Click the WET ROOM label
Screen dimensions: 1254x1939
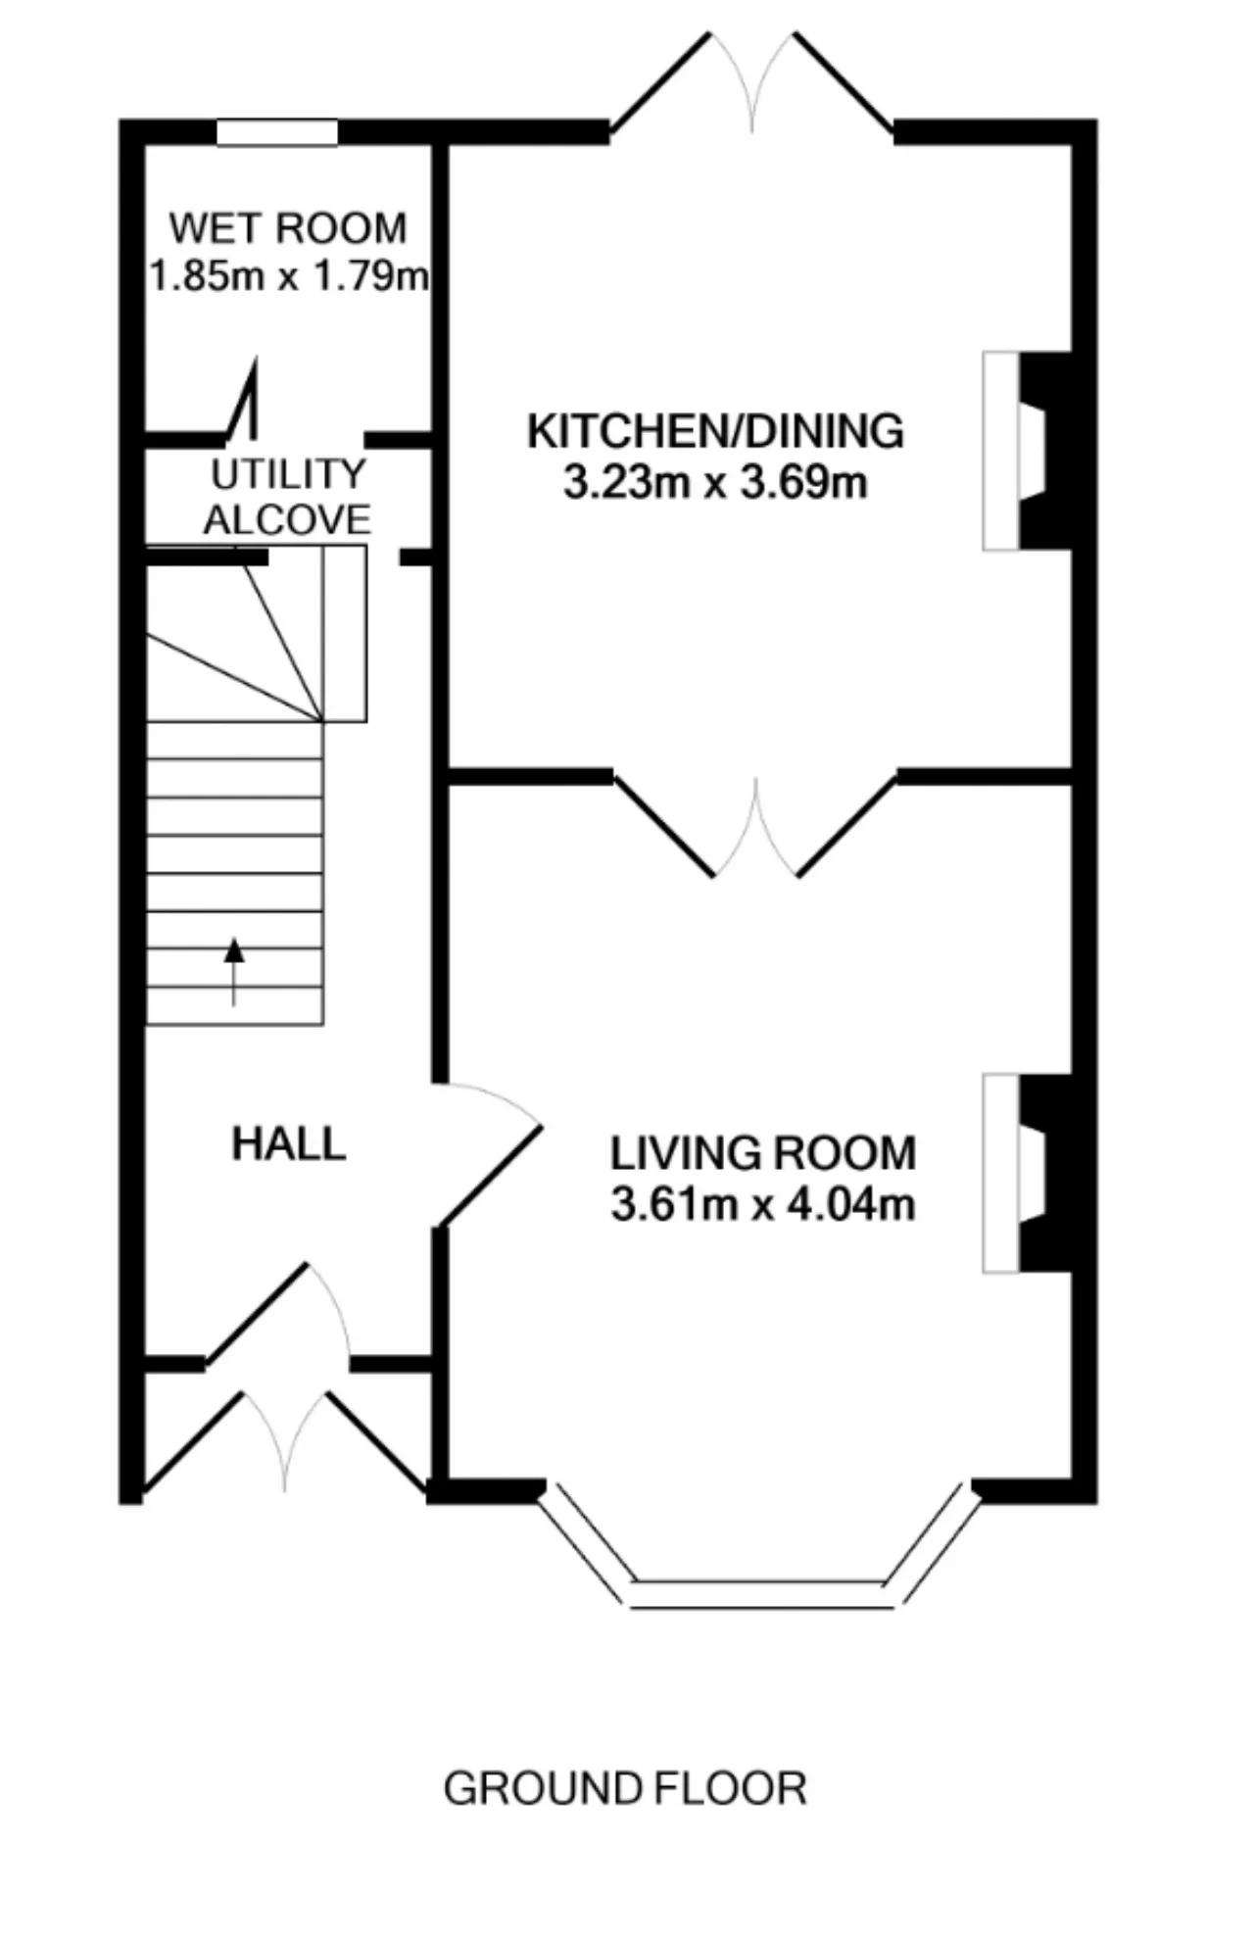point(288,228)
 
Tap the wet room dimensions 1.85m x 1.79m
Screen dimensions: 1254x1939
point(289,276)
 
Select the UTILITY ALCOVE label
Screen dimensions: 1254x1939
point(288,497)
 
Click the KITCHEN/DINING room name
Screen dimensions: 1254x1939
point(715,432)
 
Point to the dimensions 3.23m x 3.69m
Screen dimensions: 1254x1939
point(715,483)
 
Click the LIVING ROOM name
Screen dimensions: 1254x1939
point(763,1153)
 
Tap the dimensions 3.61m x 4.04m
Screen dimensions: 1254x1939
point(763,1204)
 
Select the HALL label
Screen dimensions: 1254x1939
point(289,1144)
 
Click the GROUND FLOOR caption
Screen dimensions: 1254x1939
point(625,1789)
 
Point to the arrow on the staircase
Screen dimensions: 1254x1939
point(234,972)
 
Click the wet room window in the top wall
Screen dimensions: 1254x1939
point(277,133)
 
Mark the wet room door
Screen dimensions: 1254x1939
point(245,402)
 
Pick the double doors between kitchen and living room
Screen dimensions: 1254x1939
point(755,828)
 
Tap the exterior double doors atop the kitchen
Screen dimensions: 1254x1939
point(752,83)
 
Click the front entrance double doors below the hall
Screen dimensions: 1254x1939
point(285,1440)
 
